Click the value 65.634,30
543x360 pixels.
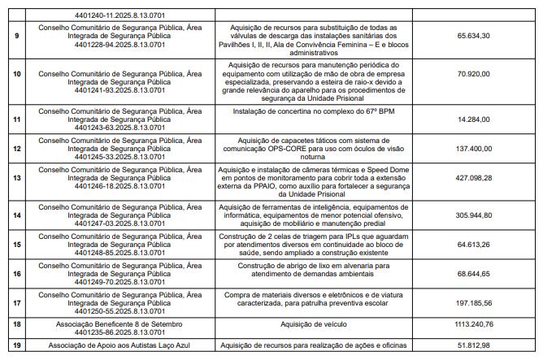474,37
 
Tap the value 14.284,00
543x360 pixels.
474,119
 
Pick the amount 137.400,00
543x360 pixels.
474,150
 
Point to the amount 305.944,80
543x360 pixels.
474,215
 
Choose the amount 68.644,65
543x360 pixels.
474,275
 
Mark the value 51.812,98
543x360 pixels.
474,345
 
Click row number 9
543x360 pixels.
17,37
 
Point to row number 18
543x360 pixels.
17,323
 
